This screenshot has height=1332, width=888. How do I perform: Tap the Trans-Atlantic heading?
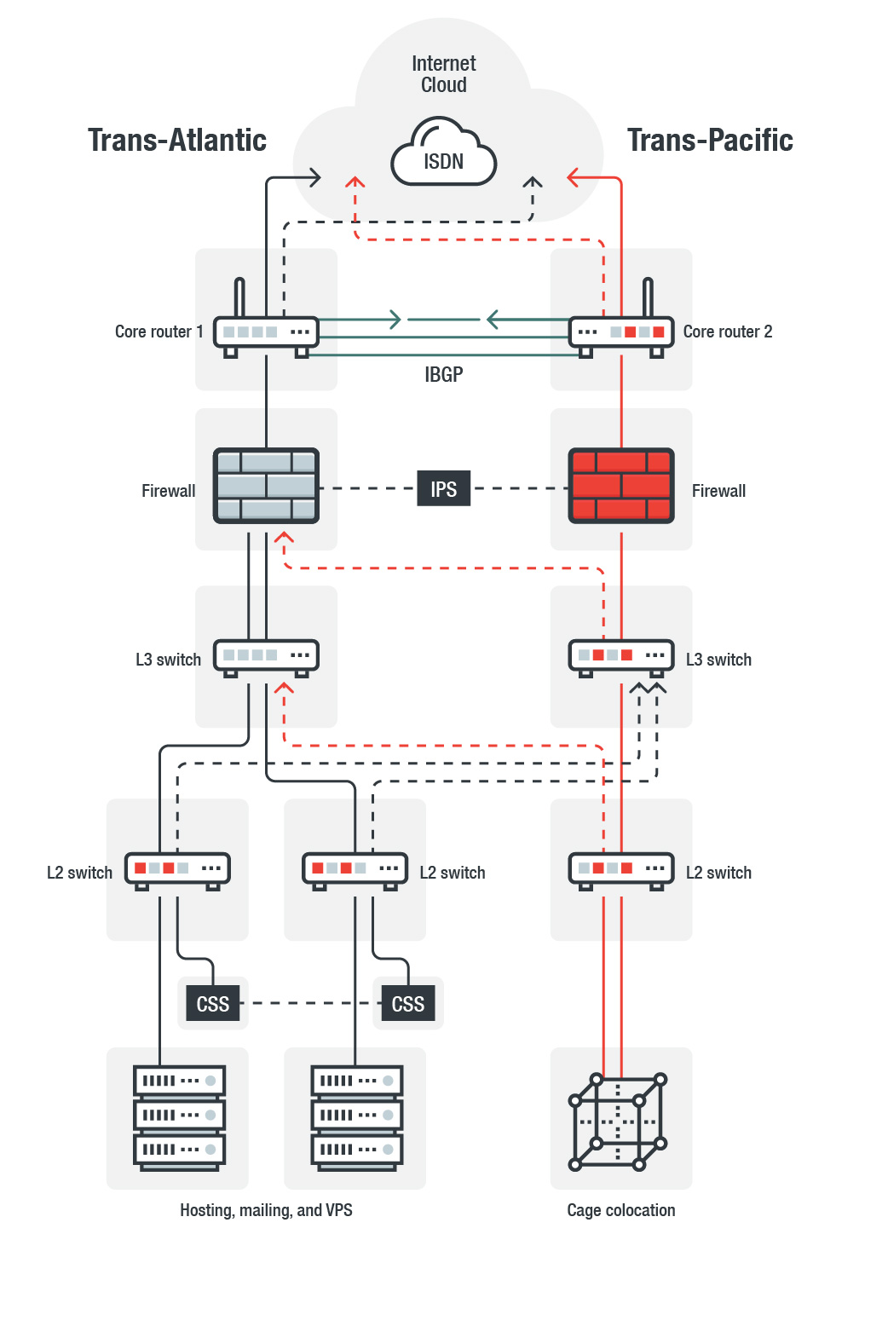[177, 140]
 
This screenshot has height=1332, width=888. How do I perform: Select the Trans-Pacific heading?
[710, 140]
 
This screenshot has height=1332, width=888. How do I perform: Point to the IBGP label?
[443, 374]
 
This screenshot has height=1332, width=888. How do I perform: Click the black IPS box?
[443, 489]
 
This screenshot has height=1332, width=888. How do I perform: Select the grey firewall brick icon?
[266, 485]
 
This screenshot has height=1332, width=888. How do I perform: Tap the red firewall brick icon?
[621, 485]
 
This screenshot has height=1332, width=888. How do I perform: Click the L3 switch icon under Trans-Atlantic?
[266, 655]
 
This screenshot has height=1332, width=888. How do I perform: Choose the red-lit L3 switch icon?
[621, 655]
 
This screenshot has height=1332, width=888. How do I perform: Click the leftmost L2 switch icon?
[177, 868]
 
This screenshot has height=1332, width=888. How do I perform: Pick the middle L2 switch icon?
[355, 868]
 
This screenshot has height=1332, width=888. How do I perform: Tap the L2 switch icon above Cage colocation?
[621, 868]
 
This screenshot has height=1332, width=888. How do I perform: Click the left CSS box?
[213, 1004]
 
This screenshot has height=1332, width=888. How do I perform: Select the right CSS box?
[407, 1004]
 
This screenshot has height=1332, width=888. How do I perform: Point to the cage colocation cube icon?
[618, 1122]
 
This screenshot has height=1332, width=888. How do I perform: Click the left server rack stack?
[179, 1116]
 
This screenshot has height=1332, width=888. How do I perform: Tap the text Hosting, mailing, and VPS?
[266, 1210]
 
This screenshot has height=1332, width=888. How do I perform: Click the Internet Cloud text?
[443, 74]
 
